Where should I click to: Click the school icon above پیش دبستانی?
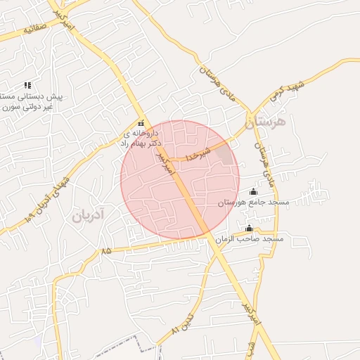pyautogui.click(x=27, y=85)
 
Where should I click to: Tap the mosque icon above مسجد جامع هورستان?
pyautogui.click(x=254, y=191)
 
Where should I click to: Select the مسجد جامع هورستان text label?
pyautogui.click(x=254, y=202)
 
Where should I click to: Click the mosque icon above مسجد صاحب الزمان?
pyautogui.click(x=249, y=228)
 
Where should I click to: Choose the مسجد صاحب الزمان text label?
pyautogui.click(x=250, y=239)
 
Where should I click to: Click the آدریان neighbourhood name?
pyautogui.click(x=86, y=215)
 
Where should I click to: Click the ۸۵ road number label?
pyautogui.click(x=106, y=250)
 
